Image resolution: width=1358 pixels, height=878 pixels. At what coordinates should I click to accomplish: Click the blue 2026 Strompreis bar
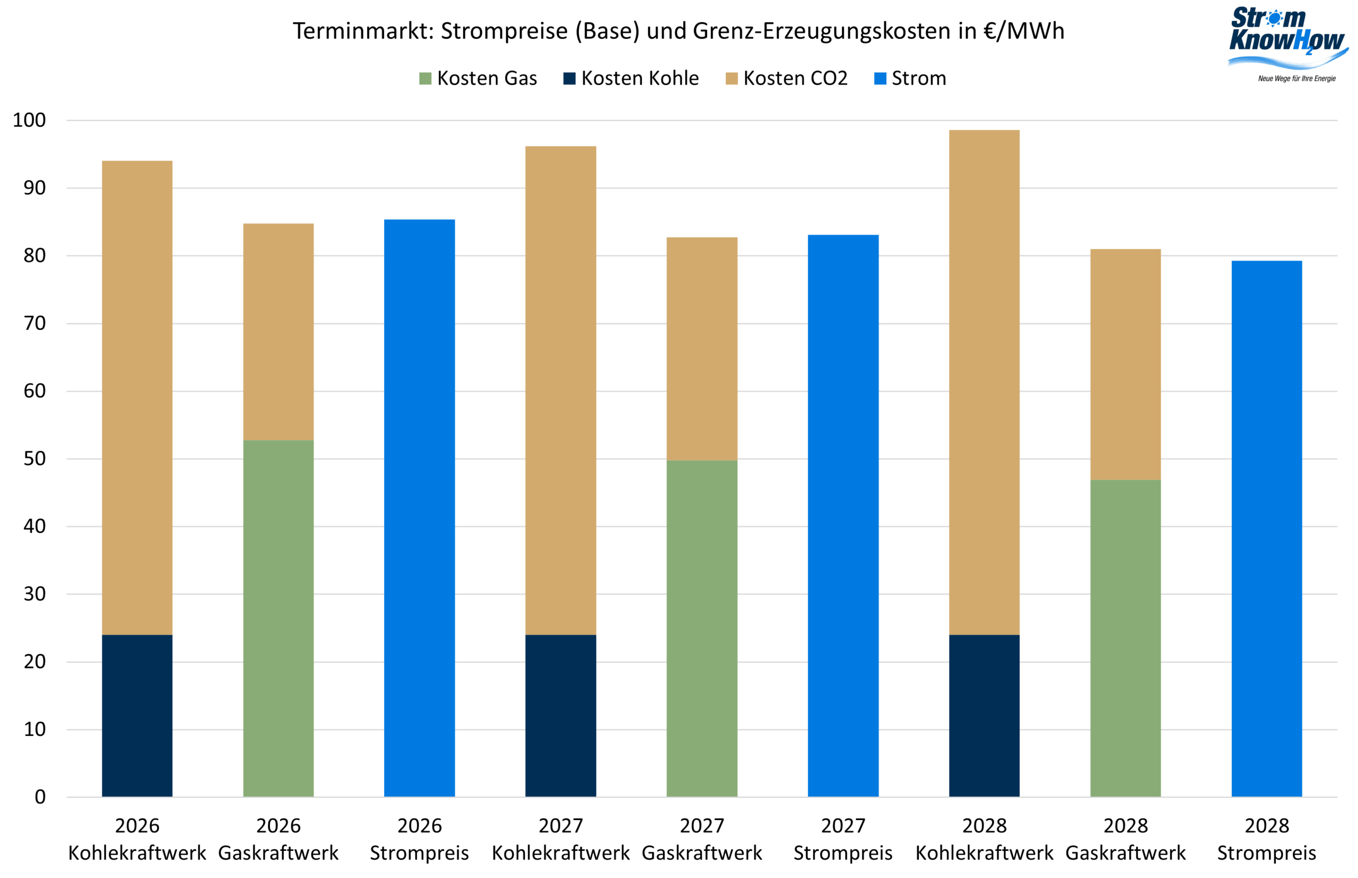pos(419,507)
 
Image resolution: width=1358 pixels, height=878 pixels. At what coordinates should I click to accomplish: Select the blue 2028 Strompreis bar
pos(1266,528)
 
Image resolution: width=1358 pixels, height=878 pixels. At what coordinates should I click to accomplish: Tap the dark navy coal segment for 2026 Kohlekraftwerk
pos(137,716)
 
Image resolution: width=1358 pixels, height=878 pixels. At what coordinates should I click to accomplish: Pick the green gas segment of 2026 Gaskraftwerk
pos(278,618)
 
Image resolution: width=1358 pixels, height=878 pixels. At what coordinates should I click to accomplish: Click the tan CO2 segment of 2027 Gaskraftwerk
pos(702,349)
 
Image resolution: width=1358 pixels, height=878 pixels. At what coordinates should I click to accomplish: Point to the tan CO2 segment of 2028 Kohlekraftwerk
pos(984,382)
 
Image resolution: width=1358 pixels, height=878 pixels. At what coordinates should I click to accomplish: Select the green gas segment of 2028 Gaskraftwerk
pos(1126,638)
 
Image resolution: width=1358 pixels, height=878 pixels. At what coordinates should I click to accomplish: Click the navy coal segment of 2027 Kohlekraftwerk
pos(560,716)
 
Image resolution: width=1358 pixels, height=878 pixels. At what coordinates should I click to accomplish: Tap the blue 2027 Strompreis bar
pos(843,516)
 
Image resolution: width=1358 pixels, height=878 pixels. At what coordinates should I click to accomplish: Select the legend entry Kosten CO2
pos(786,78)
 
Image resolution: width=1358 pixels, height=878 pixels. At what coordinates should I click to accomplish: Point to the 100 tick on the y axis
pos(29,120)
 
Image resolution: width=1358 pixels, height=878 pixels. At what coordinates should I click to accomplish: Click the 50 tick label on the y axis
pos(34,458)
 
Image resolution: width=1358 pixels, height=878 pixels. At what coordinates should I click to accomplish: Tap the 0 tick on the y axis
pos(40,796)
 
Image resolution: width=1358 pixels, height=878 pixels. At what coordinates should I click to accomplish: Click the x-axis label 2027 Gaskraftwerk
pos(702,839)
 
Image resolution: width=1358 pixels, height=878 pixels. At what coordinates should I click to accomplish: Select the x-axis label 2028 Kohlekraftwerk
pos(984,839)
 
